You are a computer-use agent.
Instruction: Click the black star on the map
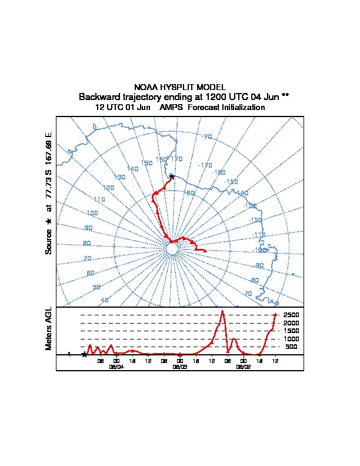point(172,176)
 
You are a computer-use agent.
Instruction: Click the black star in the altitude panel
point(85,355)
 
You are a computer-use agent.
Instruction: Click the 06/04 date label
point(116,366)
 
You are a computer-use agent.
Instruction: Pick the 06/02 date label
point(243,366)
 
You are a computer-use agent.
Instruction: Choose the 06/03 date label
point(180,366)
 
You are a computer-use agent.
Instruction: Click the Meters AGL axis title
point(49,328)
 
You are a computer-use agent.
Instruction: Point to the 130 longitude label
point(120,177)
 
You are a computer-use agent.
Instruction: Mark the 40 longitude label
point(105,300)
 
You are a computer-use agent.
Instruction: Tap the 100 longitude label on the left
point(92,213)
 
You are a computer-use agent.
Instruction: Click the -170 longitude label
point(205,166)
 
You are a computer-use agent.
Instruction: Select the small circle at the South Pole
point(172,249)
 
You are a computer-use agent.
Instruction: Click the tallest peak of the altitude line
point(222,311)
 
